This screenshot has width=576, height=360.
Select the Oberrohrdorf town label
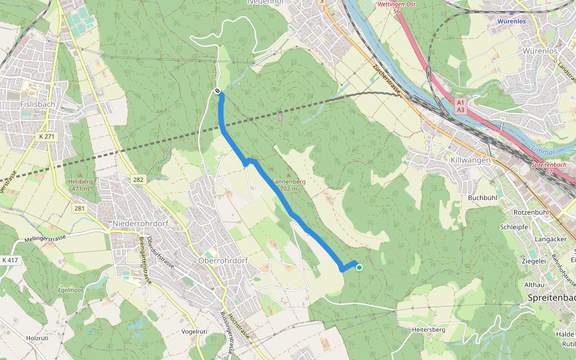pos(222,262)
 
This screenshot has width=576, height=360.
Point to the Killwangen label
pos(470,160)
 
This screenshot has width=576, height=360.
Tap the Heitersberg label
pos(429,330)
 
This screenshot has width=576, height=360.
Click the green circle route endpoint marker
pos(359,268)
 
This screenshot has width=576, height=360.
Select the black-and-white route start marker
pos(217,91)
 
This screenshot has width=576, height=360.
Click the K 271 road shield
pos(46,137)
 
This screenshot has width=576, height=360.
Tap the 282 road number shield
pos(139,179)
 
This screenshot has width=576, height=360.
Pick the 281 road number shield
pos(80,208)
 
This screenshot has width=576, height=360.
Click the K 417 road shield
pos(10,260)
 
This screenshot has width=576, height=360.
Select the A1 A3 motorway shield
pos(460,106)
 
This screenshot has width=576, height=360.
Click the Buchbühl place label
pos(483,197)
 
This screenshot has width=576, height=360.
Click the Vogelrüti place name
pos(194,331)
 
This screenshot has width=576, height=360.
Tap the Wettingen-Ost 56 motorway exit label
pos(396,7)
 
